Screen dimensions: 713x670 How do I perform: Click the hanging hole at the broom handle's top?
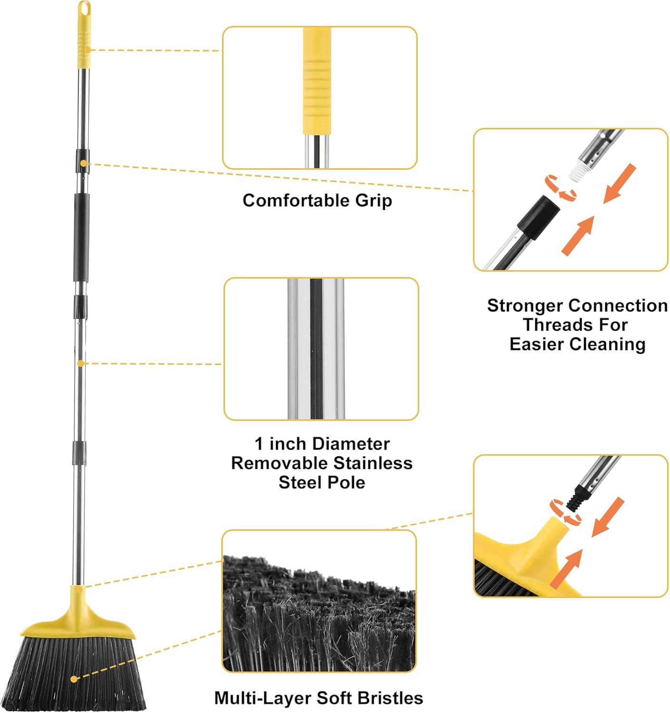pos(84,9)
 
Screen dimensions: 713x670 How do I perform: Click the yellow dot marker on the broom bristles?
pos(74,679)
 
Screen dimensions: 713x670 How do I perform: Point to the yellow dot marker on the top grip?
pos(88,49)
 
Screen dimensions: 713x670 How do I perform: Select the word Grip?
pos(374,200)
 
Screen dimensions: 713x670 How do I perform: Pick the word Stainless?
pos(373,463)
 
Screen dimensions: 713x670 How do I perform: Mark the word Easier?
pos(537,344)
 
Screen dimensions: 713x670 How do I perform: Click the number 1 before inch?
pos(258,443)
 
